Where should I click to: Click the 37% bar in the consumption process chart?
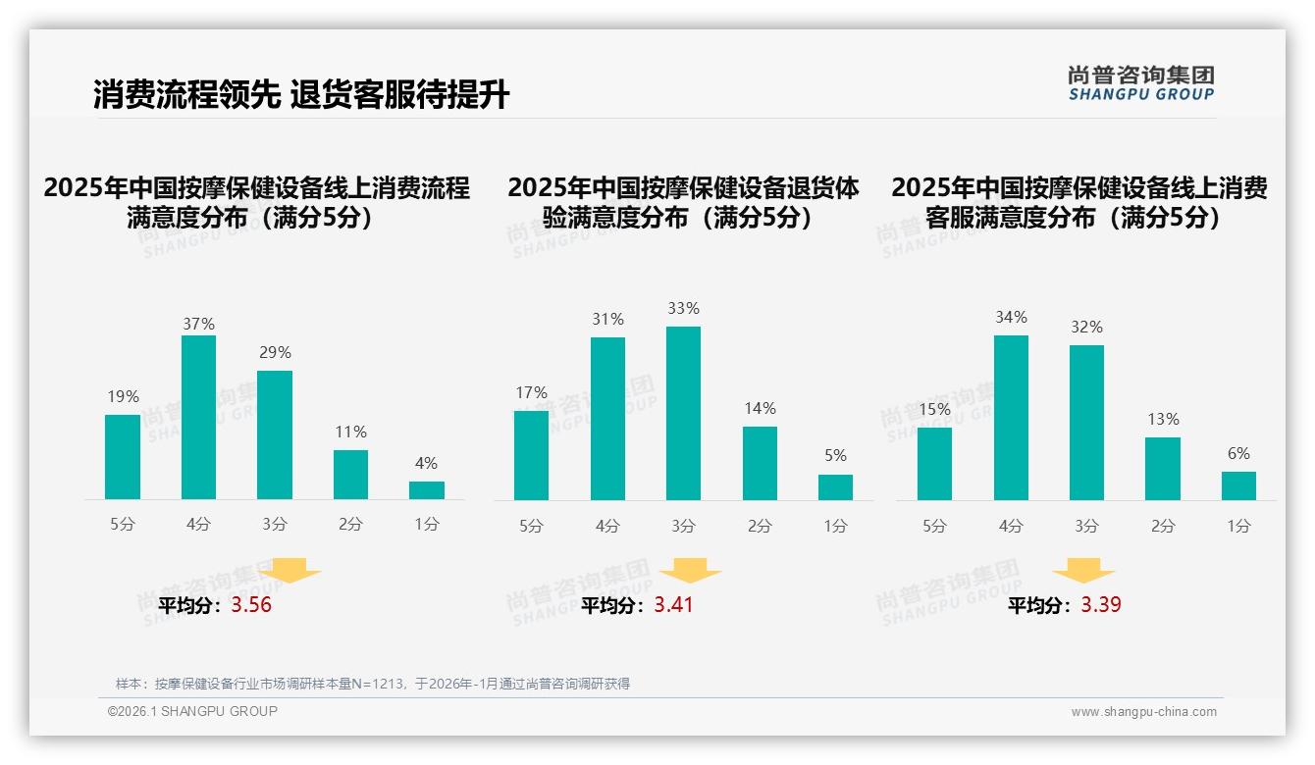coord(198,417)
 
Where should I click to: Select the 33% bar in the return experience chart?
coord(683,413)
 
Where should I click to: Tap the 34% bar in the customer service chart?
coord(1011,417)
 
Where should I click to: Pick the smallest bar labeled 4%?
coord(427,489)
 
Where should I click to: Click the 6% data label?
coord(1238,453)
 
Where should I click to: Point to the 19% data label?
coord(123,396)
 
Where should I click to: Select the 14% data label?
coord(760,408)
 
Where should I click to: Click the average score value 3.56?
coord(251,605)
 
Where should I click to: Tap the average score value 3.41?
coord(673,605)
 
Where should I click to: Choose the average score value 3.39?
coord(1101,605)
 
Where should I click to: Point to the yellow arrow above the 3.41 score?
coord(690,570)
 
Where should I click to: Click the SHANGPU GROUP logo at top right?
coord(1140,82)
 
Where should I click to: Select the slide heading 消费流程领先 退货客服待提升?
coord(301,94)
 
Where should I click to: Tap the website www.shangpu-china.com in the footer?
coord(1143,712)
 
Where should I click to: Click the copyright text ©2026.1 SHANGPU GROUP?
coord(192,711)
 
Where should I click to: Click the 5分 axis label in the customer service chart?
coord(934,527)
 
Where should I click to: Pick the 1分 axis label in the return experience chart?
coord(835,527)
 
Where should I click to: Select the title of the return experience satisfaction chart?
coord(683,202)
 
